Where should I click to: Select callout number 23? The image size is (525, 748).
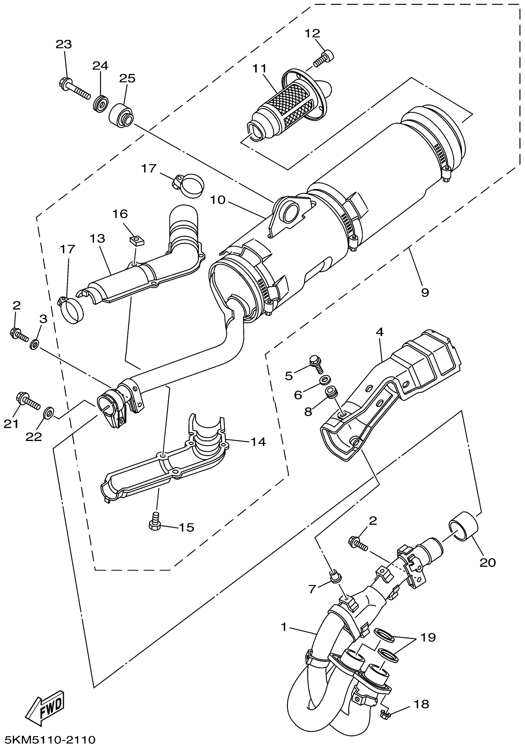click(x=64, y=44)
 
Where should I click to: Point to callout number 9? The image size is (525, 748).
click(x=425, y=292)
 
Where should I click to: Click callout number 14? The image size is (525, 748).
click(x=258, y=442)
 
